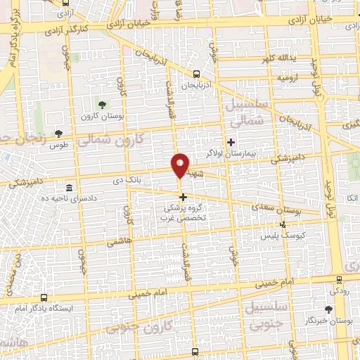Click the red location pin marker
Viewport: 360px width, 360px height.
pos(181,165)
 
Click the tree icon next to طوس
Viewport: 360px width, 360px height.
pos(58,133)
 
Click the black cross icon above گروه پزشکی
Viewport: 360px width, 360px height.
pos(183,197)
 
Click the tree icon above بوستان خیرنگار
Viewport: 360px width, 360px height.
pos(328,309)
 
